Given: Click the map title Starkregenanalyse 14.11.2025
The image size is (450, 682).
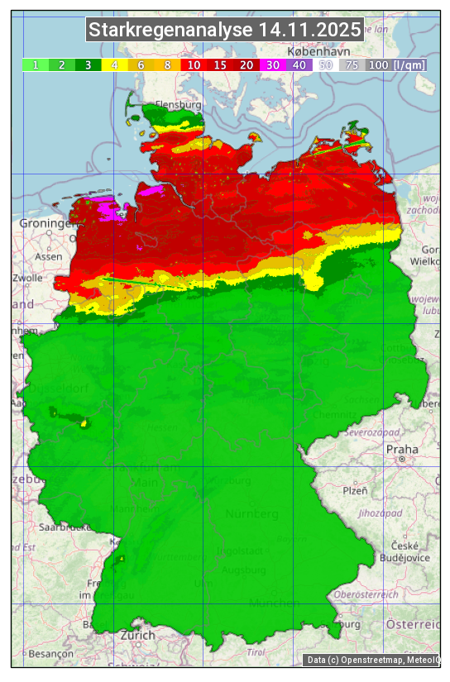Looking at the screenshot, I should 225,31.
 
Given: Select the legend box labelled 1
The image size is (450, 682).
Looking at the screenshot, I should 36,64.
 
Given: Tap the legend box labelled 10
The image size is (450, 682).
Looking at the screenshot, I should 194,64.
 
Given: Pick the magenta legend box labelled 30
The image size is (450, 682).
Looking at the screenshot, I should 273,64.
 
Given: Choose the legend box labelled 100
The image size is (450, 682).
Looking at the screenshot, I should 378,64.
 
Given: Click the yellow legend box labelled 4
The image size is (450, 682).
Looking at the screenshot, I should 115,64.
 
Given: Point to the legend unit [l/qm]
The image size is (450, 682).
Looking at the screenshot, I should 410,64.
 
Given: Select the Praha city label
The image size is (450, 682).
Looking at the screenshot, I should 402,449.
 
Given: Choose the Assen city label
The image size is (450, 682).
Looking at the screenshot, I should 49,256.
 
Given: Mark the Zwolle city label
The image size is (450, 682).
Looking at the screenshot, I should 28,278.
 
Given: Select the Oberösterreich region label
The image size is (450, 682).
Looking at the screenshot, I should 366,594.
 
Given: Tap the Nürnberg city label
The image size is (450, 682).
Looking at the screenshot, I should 252,514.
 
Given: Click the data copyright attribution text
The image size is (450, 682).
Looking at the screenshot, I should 371,660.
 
